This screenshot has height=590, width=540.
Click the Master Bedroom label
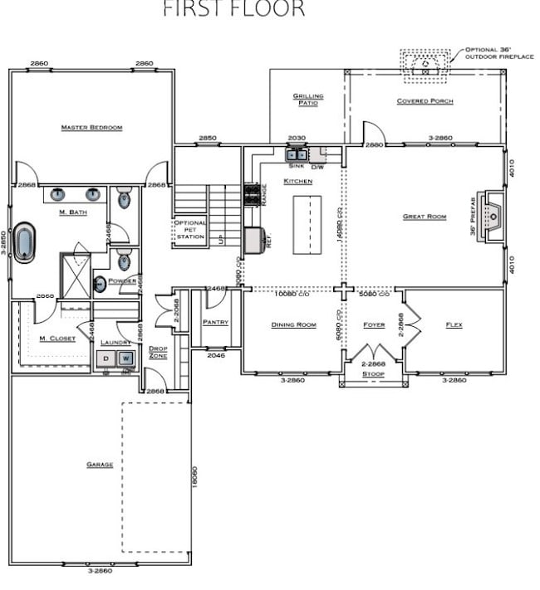(91, 128)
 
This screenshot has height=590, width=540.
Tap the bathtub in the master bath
(24, 242)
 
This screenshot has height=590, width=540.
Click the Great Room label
(425, 217)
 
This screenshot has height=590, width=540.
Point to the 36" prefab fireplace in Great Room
(493, 217)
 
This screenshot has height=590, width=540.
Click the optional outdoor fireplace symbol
(425, 62)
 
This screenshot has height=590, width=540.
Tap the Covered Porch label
(425, 101)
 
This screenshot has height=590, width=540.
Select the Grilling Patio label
(307, 100)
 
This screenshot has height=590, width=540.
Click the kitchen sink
(297, 154)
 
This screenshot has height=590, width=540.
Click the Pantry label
(215, 322)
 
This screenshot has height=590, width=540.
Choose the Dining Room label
(293, 324)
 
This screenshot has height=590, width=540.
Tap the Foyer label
(374, 324)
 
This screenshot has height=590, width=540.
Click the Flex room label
(454, 324)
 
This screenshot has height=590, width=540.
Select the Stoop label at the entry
(373, 374)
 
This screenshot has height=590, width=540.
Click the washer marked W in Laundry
(125, 358)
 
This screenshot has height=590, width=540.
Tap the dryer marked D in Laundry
(106, 358)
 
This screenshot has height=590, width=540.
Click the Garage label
(100, 465)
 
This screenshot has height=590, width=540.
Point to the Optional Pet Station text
(189, 231)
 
